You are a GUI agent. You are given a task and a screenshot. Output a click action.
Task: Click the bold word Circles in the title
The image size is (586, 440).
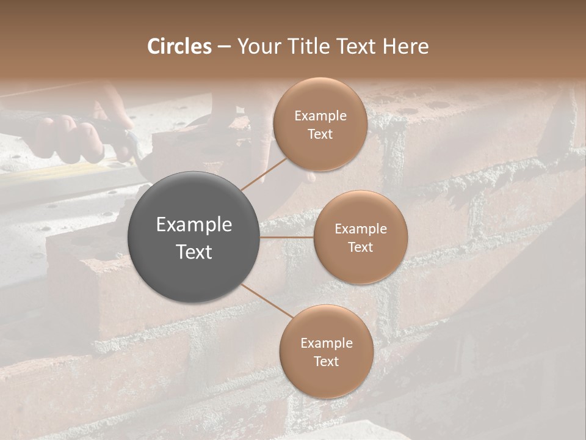pos(179,46)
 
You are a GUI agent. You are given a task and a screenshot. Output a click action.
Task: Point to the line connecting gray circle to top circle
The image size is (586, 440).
pos(264,172)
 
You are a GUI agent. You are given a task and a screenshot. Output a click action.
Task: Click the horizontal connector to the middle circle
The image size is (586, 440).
pos(286,237)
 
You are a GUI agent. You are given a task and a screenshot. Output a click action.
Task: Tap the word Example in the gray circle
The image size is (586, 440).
pos(194,225)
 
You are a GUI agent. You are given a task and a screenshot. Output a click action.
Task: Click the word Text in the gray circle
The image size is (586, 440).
pos(194,252)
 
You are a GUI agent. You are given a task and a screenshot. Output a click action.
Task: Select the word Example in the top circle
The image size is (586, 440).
pos(320,116)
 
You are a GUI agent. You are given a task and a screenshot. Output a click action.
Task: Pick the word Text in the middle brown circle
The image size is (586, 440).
pos(360,247)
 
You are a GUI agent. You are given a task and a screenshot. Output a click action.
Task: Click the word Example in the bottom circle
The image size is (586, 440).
pos(327,343)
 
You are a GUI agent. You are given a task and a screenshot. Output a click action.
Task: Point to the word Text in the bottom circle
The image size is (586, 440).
pos(327,361)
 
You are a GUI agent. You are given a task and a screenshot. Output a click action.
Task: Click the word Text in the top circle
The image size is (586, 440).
pos(320,134)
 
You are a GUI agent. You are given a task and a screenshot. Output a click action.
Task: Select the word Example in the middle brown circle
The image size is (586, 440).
pos(361,229)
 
